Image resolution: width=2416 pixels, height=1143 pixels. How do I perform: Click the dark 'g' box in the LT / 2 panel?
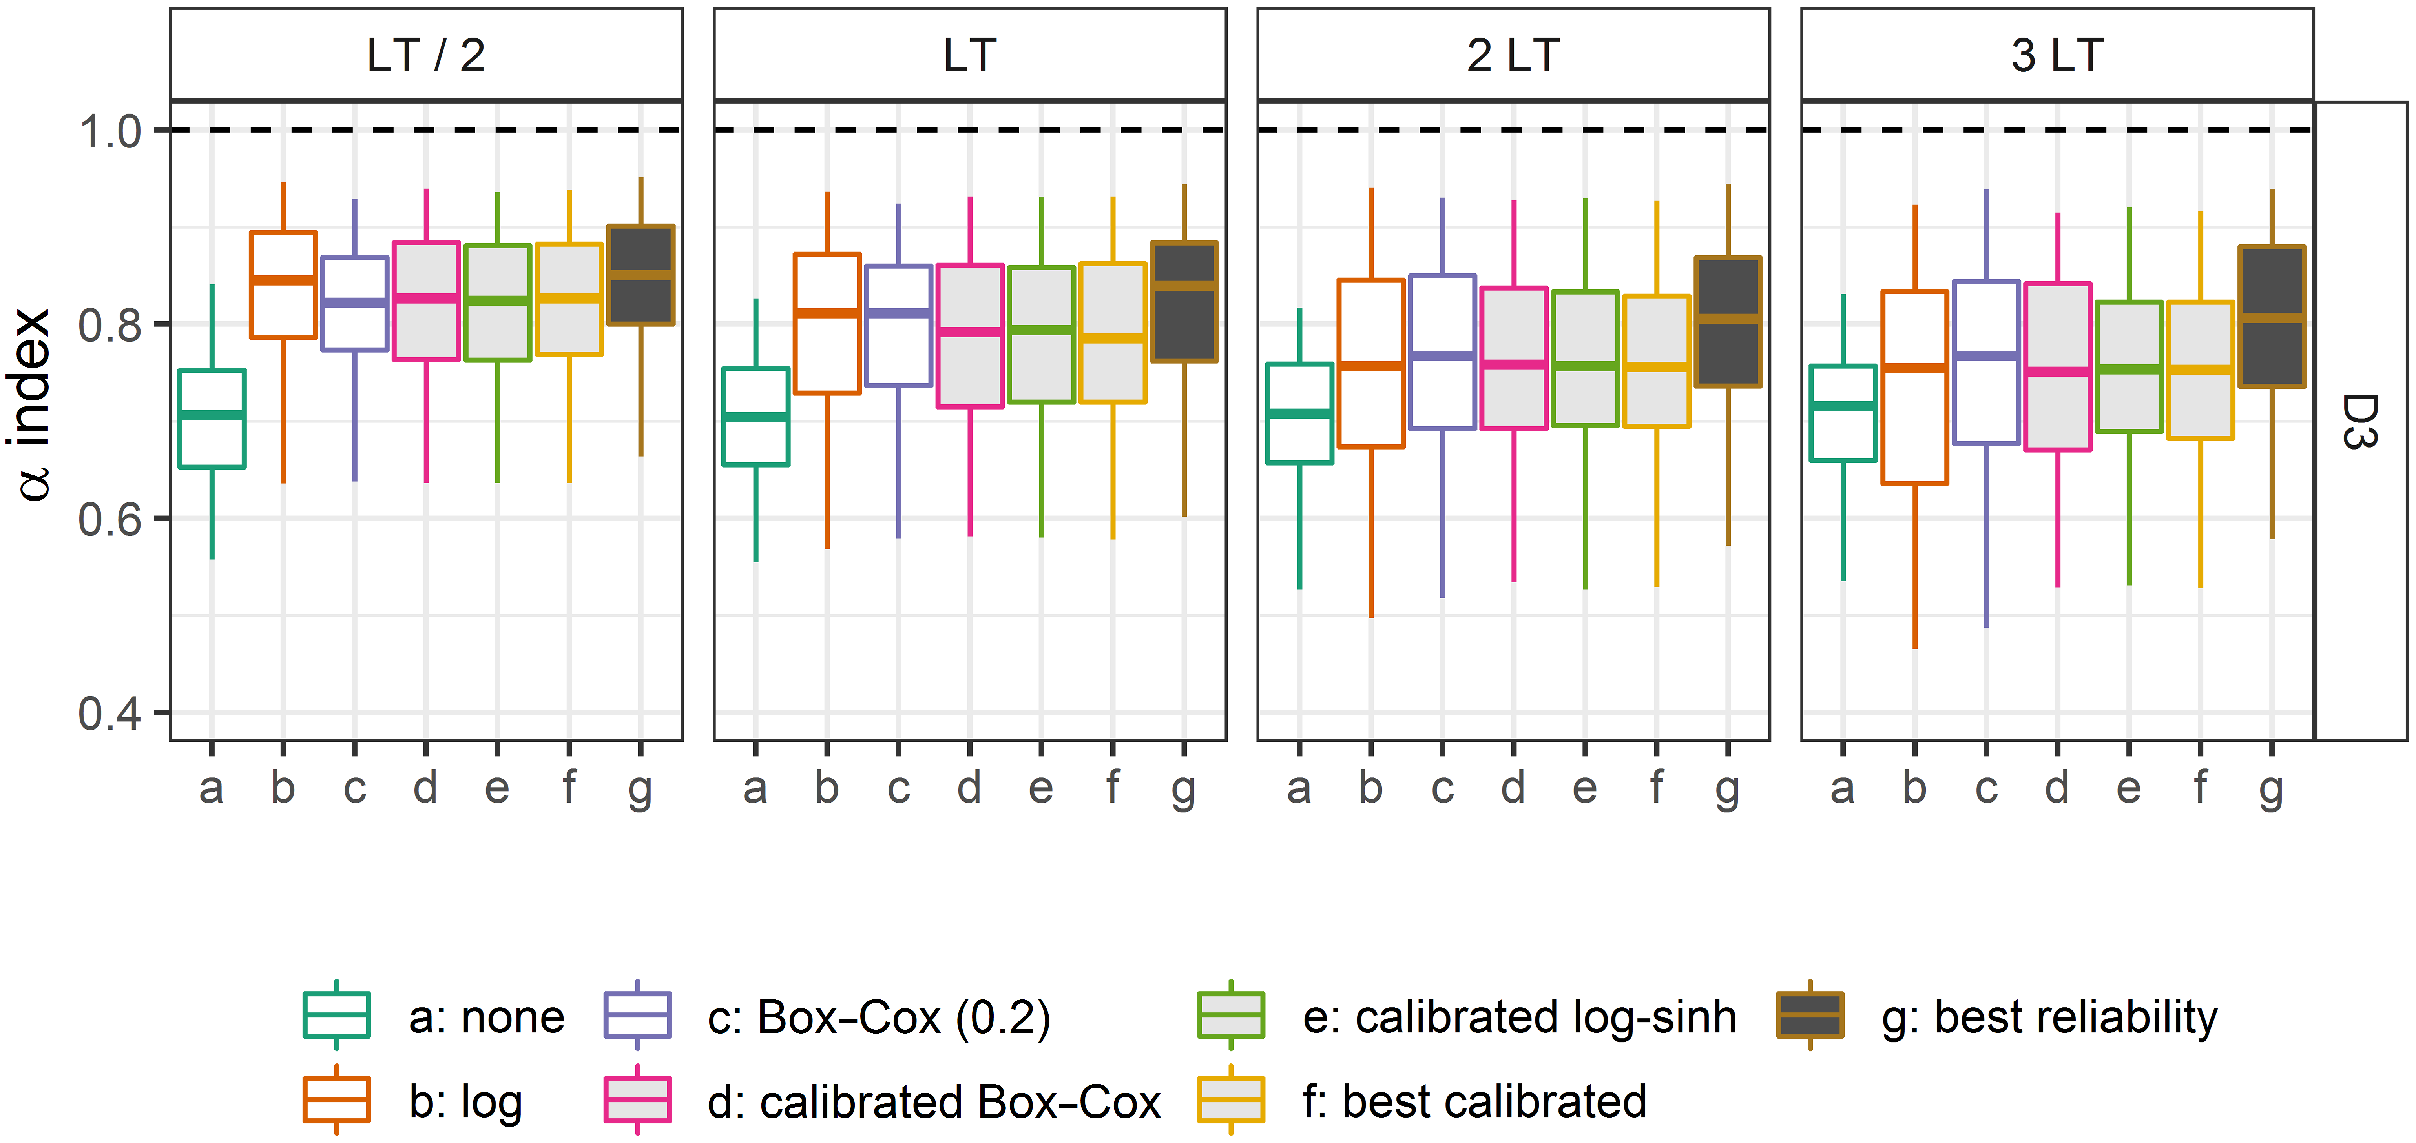coord(640,276)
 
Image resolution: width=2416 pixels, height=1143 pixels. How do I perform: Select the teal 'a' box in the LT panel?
coord(756,416)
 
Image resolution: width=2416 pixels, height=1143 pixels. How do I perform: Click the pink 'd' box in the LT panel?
coord(970,336)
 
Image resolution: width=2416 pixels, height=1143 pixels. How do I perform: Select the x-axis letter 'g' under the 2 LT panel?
coord(1728,790)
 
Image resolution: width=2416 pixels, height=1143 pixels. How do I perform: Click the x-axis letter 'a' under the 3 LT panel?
coord(1843,790)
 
